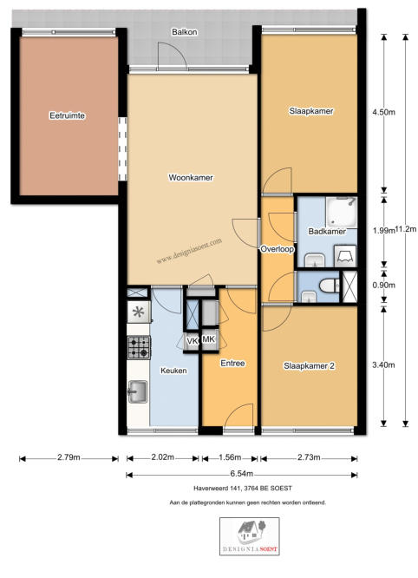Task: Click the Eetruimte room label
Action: (68, 115)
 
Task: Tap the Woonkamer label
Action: (191, 177)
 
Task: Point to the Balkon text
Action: (185, 32)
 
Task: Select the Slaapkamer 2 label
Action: (309, 366)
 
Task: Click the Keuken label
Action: (173, 371)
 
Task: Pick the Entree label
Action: (232, 363)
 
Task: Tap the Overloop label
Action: (278, 249)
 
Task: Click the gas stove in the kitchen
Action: (140, 348)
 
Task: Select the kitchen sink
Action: (138, 391)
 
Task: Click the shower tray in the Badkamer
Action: (342, 211)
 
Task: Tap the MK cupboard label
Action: (209, 339)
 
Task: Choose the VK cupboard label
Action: (192, 341)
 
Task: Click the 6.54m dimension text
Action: (241, 474)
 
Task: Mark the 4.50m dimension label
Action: (384, 112)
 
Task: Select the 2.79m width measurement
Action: (69, 457)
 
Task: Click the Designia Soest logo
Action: (250, 536)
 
